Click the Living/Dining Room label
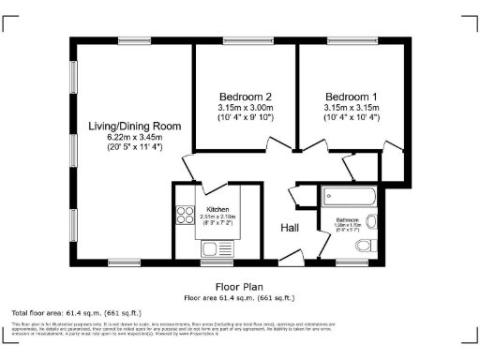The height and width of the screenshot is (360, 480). (x=134, y=126)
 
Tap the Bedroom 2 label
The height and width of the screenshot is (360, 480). (x=246, y=97)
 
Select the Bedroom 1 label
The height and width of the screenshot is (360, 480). (x=352, y=97)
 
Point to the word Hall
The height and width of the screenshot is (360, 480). (x=291, y=228)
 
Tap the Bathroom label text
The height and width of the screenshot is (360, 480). (x=348, y=220)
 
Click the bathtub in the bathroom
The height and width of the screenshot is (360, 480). (x=348, y=198)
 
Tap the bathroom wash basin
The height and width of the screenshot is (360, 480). (x=371, y=222)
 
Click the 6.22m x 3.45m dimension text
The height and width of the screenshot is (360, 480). (x=134, y=137)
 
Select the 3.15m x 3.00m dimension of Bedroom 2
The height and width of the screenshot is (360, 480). (x=246, y=107)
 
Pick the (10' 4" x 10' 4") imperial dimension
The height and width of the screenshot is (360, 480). (x=352, y=117)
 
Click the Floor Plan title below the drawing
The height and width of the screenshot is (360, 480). (x=239, y=287)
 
